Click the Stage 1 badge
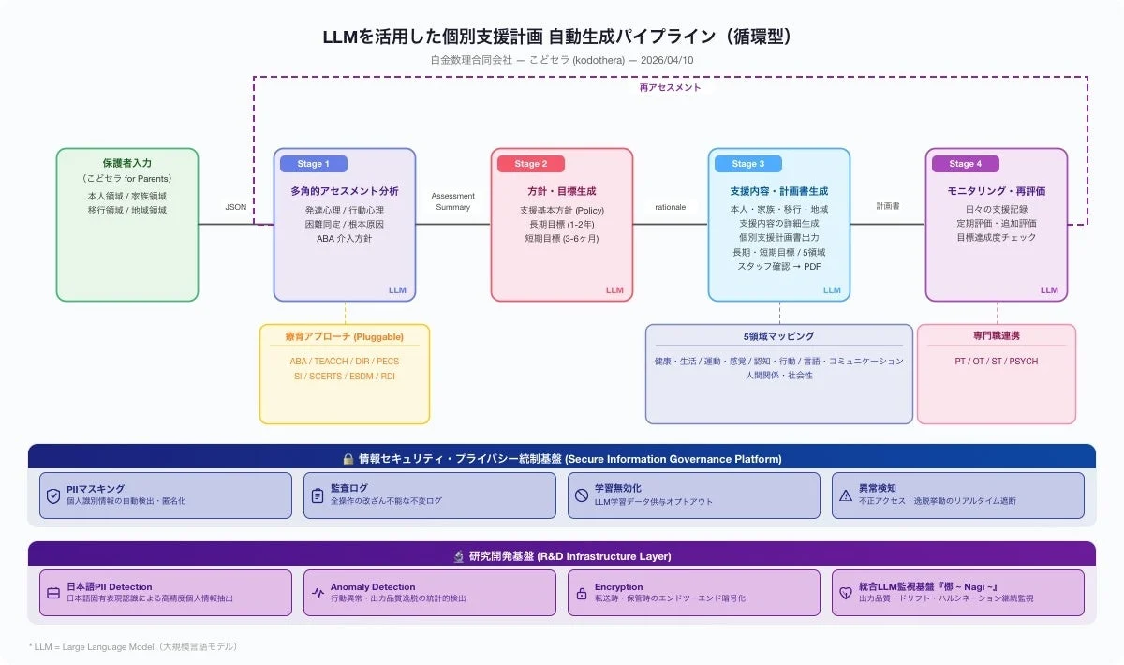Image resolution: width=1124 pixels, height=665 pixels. pos(313,164)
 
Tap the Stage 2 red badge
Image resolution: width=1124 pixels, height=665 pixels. pos(530,164)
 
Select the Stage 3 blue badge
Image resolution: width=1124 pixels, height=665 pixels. pos(747,164)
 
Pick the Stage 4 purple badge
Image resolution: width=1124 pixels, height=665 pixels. pos(965,164)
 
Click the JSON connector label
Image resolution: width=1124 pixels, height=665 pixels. pos(236,207)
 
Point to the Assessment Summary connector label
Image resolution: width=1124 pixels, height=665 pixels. pos(452,201)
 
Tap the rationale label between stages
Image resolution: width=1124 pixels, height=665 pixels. pos(670,207)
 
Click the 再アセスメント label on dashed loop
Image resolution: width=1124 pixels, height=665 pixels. pos(670,87)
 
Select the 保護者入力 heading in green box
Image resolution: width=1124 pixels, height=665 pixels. pos(127,163)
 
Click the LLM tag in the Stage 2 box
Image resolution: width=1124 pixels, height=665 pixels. pos(614,290)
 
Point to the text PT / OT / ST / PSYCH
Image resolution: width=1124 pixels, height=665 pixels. pos(997,361)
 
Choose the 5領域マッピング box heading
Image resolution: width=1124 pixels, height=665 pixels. pos(778,336)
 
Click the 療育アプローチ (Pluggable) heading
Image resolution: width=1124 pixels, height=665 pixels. pos(344,336)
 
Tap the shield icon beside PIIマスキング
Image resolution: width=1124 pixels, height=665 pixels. pos(53,495)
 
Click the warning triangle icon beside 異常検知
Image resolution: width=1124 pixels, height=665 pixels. pos(846,495)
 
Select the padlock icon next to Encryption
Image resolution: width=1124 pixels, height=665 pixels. pos(582,593)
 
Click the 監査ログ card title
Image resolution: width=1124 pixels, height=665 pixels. pos(350,488)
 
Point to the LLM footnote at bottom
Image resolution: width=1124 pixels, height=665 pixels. pos(133,646)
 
